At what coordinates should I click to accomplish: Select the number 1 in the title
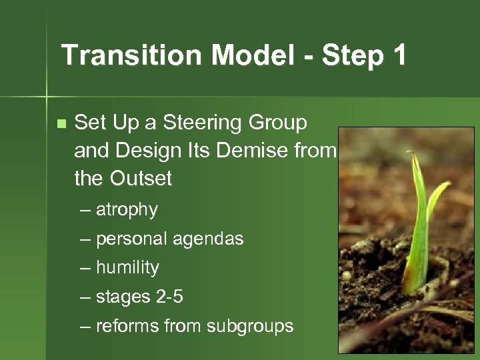[x=399, y=55]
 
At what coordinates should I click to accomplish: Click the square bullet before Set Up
[x=61, y=123]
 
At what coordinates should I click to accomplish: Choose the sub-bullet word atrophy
[x=127, y=210]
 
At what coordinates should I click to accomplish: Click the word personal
[x=131, y=239]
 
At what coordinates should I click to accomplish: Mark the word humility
[x=127, y=268]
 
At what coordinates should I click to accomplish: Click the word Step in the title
[x=352, y=55]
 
